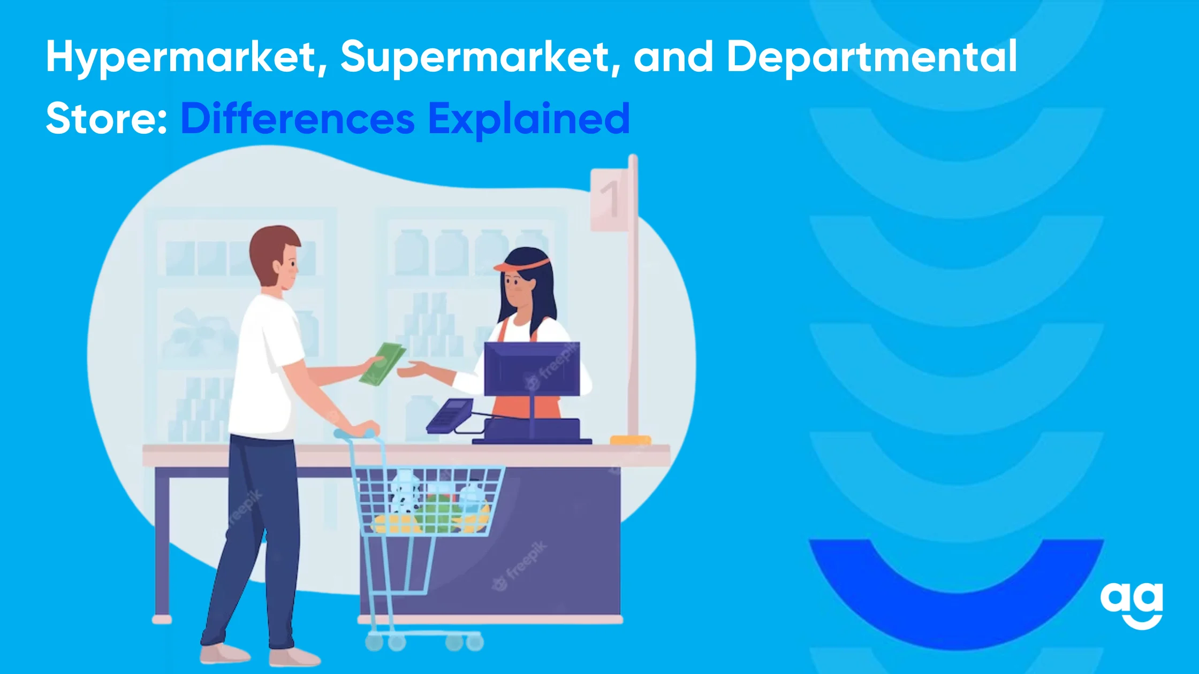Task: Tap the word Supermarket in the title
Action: click(x=480, y=57)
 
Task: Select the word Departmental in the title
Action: click(x=871, y=58)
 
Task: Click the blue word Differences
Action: click(x=298, y=118)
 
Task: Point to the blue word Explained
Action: click(x=529, y=119)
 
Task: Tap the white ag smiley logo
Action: click(x=1132, y=604)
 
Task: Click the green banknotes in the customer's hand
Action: click(x=382, y=363)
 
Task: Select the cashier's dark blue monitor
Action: click(x=532, y=369)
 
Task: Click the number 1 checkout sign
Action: click(x=609, y=200)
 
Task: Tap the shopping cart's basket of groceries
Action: click(x=431, y=501)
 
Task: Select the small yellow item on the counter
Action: click(x=631, y=440)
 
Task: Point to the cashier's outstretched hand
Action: click(x=411, y=370)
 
